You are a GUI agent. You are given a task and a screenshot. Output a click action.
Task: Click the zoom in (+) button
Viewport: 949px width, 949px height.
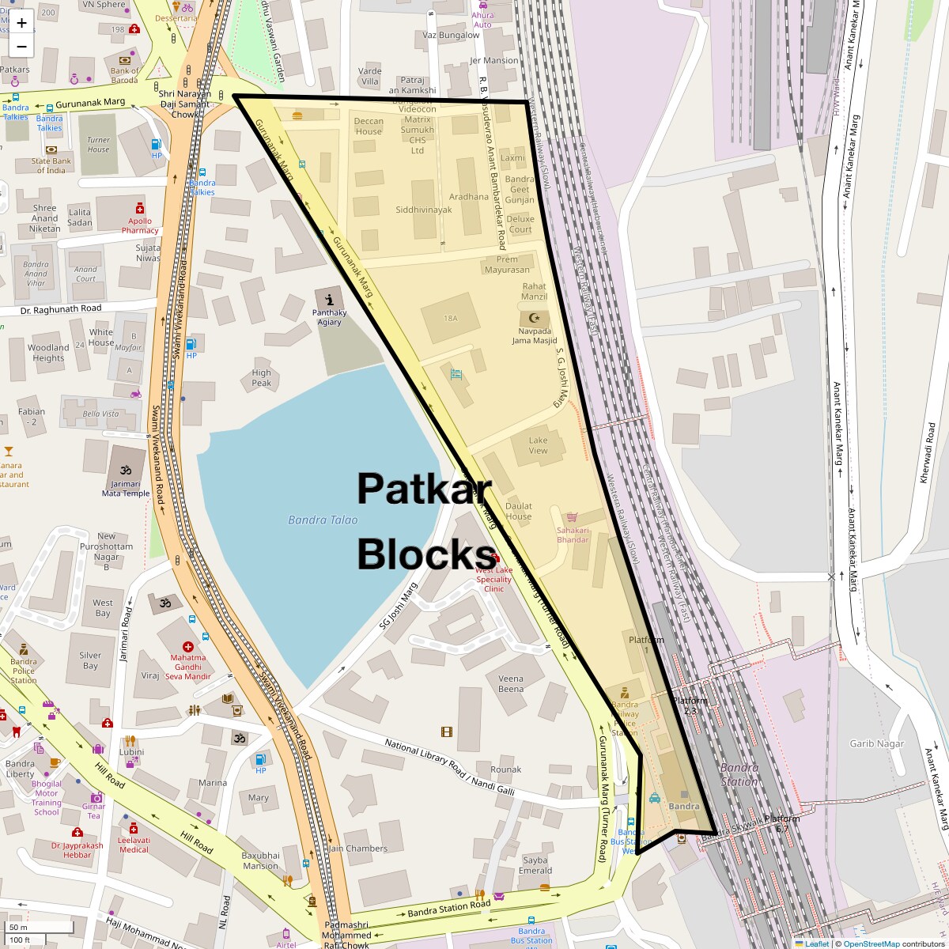coord(21,23)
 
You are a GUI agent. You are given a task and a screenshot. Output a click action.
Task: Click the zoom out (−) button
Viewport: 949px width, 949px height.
coord(21,47)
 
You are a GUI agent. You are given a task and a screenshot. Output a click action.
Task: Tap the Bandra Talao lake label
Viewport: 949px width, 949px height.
coord(323,520)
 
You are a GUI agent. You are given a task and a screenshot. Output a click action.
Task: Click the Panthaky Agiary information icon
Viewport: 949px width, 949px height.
coord(329,299)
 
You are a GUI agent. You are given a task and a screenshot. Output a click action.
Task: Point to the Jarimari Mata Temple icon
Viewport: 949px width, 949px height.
coord(125,459)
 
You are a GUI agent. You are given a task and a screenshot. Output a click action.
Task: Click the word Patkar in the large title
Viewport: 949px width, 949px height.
coord(424,490)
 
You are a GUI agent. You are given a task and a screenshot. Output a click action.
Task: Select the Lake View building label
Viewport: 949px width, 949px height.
coord(538,445)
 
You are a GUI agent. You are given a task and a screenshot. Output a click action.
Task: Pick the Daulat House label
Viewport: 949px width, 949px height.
coord(519,511)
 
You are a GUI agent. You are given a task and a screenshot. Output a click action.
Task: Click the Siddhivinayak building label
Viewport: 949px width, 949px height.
coord(424,210)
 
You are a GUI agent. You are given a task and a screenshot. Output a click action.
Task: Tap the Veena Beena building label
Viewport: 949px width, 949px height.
coord(511,683)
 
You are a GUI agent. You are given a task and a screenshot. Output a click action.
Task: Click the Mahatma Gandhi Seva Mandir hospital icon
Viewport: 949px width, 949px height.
coord(188,646)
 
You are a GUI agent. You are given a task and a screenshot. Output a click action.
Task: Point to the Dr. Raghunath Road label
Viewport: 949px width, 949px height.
coord(61,308)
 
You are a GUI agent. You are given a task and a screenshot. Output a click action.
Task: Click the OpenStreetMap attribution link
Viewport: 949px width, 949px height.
coord(871,943)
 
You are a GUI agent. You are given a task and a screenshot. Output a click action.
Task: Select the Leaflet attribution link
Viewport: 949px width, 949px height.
coord(816,943)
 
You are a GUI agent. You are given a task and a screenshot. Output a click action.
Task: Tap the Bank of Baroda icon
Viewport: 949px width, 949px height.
coord(124,60)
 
